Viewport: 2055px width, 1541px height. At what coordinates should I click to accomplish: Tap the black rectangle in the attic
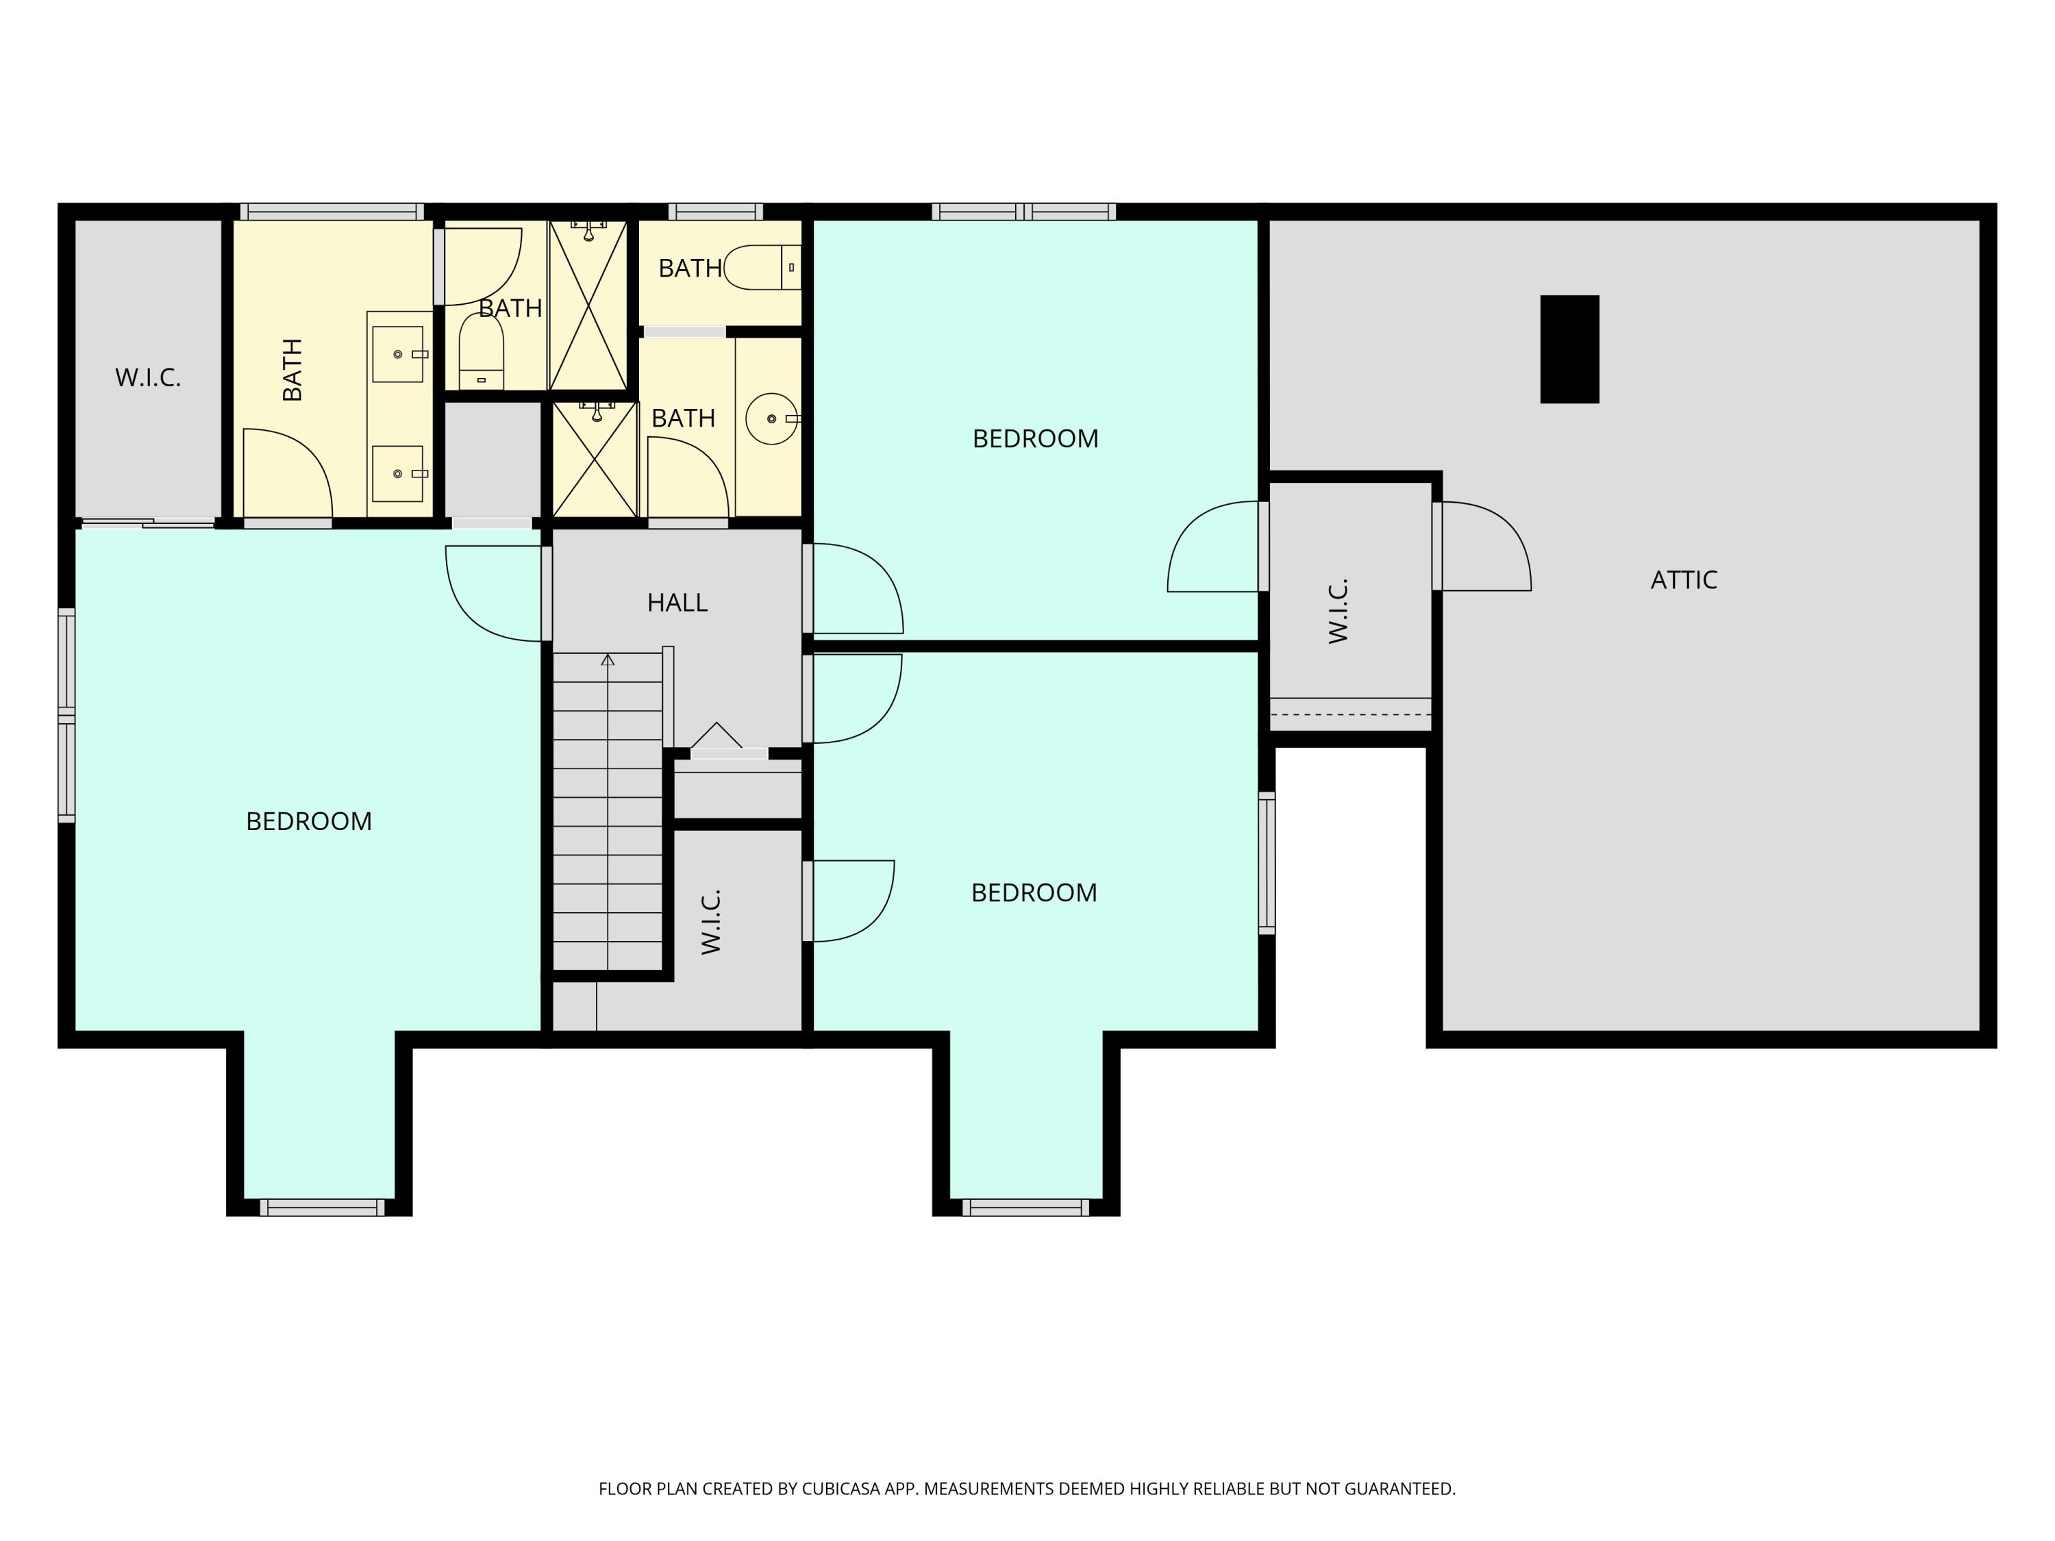[x=1569, y=349]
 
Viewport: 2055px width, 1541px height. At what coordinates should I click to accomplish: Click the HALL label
[x=677, y=603]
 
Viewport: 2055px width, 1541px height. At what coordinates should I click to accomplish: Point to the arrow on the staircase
[x=608, y=660]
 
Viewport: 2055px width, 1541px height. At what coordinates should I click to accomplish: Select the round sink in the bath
[x=771, y=419]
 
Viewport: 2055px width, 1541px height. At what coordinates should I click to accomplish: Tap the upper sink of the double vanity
[x=397, y=354]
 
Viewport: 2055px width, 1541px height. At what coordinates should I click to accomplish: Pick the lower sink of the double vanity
[x=397, y=474]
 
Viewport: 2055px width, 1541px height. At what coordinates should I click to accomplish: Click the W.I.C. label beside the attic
[x=1338, y=611]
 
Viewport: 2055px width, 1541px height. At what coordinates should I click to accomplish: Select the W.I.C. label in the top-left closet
[x=148, y=378]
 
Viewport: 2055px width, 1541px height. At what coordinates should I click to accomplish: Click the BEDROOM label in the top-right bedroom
[x=1035, y=438]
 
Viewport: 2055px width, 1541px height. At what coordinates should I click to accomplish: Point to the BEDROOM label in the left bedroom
[x=308, y=821]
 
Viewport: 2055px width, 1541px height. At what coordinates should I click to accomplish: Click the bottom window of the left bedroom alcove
[x=321, y=1207]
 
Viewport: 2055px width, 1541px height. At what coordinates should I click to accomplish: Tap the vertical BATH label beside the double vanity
[x=292, y=370]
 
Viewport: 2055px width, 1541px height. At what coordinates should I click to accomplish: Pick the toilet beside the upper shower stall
[x=482, y=351]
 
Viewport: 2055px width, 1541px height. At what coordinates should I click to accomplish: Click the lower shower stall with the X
[x=594, y=459]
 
